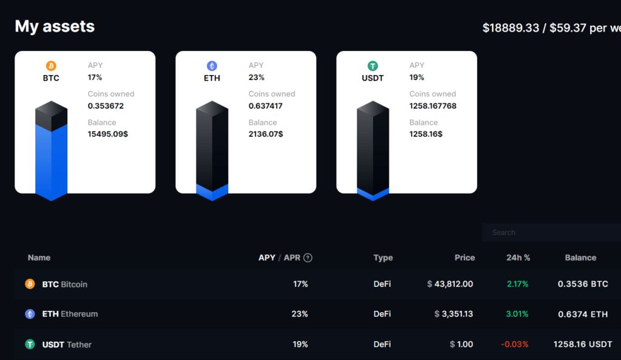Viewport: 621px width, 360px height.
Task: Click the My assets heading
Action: tap(55, 27)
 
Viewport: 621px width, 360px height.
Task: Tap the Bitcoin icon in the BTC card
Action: tap(51, 66)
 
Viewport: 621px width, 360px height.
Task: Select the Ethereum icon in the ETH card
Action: tap(212, 66)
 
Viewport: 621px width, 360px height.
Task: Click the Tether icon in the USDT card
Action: tap(372, 66)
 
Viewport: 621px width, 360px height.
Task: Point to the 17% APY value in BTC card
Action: tap(95, 78)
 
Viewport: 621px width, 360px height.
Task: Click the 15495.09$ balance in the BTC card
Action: tap(108, 134)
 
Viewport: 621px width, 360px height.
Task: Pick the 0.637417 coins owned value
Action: tap(266, 106)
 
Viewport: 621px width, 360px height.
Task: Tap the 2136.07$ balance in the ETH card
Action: tap(266, 134)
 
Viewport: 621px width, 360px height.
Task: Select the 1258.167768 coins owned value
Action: tap(433, 106)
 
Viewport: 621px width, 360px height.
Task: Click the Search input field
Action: tap(551, 233)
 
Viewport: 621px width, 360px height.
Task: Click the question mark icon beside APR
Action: tap(308, 258)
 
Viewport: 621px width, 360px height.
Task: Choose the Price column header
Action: tap(465, 258)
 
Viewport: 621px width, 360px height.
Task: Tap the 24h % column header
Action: tap(518, 258)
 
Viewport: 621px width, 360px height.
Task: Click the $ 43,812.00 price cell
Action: tap(450, 284)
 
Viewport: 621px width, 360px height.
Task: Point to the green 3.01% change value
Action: tap(517, 314)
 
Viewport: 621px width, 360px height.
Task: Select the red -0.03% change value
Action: tap(515, 344)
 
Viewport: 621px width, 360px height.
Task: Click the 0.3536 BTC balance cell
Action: tap(583, 284)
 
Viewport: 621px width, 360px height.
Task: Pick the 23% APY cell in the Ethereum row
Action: tap(300, 314)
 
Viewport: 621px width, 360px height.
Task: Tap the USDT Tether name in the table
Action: tap(67, 344)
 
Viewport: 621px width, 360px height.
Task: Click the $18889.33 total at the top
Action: tap(511, 28)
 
